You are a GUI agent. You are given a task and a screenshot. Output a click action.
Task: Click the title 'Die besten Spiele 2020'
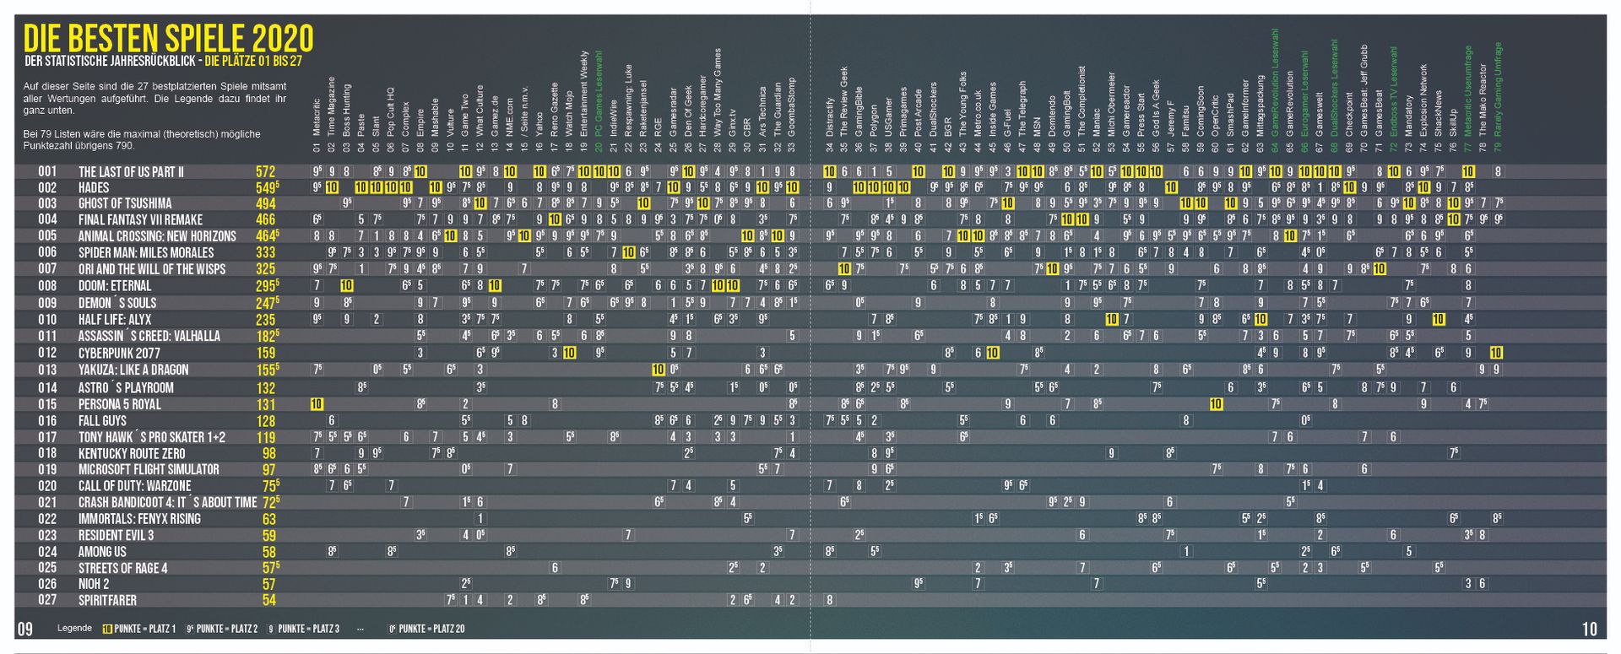tap(168, 40)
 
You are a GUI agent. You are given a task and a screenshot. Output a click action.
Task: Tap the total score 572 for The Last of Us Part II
tap(266, 172)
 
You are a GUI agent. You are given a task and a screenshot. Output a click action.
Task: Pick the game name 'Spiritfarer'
tap(107, 601)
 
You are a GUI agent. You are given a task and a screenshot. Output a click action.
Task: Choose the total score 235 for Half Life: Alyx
tap(266, 320)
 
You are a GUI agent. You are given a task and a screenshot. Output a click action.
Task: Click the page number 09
tap(24, 628)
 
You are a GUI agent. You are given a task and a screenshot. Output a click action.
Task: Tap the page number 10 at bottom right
tap(1589, 628)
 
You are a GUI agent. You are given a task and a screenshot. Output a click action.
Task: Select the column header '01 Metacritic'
tap(317, 127)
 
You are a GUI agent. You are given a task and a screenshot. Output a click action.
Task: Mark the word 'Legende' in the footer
tap(74, 629)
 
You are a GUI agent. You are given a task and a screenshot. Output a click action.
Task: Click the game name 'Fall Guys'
tap(102, 420)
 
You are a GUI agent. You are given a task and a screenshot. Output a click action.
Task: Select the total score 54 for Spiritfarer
tap(269, 601)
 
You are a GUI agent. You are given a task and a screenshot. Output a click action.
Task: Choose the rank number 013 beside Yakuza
tap(47, 370)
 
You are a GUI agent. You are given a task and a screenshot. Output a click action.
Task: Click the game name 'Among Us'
tap(102, 552)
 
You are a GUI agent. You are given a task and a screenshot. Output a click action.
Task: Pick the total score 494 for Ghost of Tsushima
tap(266, 203)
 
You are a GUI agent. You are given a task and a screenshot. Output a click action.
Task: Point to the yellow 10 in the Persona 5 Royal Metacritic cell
tap(317, 404)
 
